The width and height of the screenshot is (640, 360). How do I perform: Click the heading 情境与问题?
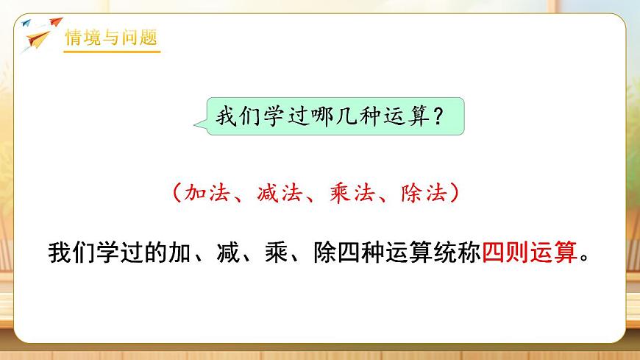click(112, 38)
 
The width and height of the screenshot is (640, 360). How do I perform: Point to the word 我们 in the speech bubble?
click(234, 116)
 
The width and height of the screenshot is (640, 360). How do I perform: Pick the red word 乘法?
click(350, 194)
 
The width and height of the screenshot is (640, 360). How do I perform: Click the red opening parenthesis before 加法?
click(174, 194)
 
